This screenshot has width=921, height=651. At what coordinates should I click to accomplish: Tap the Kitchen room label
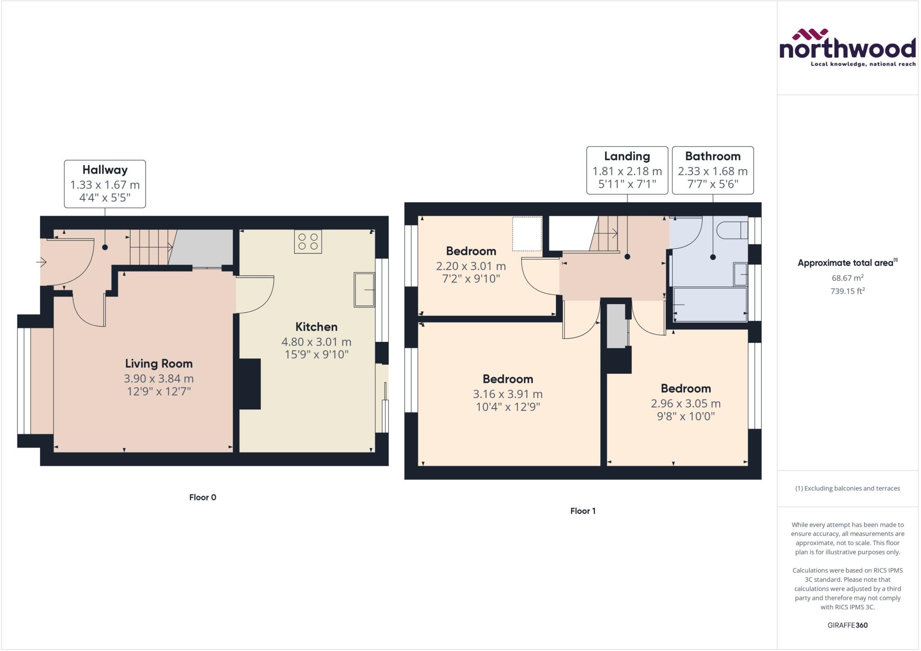tap(316, 327)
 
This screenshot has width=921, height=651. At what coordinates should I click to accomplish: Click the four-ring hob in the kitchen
tap(308, 242)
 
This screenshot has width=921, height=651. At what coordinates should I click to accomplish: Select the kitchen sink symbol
tap(364, 290)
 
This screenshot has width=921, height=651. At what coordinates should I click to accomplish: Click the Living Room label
tap(159, 364)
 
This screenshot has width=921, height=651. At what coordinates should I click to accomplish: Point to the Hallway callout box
tap(105, 184)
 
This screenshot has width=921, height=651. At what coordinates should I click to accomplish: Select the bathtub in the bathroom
tap(710, 305)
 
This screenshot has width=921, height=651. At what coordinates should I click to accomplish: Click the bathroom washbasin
tap(740, 274)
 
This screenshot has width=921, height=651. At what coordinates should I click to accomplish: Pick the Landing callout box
tap(627, 170)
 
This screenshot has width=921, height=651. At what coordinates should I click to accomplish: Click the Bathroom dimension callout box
tap(712, 170)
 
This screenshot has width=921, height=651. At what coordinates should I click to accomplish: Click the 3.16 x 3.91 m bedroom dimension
tap(508, 394)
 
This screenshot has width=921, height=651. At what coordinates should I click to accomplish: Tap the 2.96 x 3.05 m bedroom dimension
tap(686, 404)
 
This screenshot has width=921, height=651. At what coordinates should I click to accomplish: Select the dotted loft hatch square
tap(527, 234)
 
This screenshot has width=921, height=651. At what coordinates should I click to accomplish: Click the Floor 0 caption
tap(202, 497)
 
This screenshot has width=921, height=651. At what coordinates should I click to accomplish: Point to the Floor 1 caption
tap(583, 511)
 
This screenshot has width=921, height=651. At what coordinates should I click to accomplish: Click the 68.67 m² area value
tap(847, 278)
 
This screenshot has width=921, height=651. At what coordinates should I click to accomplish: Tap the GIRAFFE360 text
tap(847, 625)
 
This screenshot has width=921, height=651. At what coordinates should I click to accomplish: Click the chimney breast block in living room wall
tap(250, 384)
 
